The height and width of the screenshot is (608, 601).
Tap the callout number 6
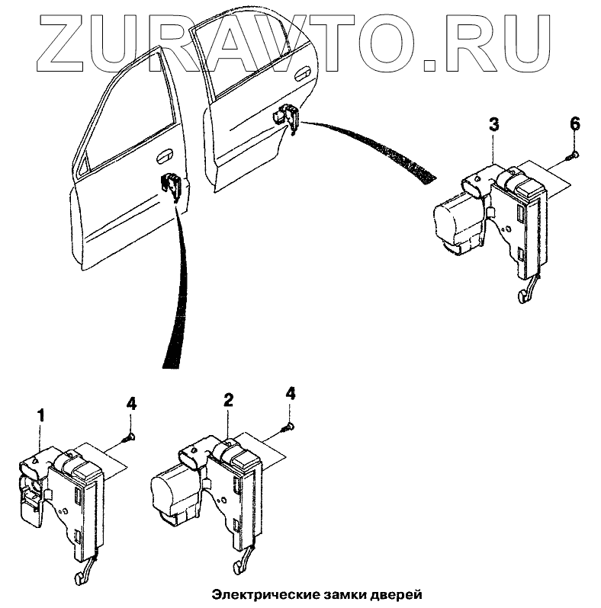pyautogui.click(x=574, y=124)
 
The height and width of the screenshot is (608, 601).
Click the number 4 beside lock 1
pyautogui.click(x=131, y=403)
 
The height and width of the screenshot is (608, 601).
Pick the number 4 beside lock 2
pyautogui.click(x=290, y=394)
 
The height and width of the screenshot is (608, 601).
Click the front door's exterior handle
pyautogui.click(x=162, y=158)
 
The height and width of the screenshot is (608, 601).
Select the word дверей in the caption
pyautogui.click(x=394, y=593)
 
